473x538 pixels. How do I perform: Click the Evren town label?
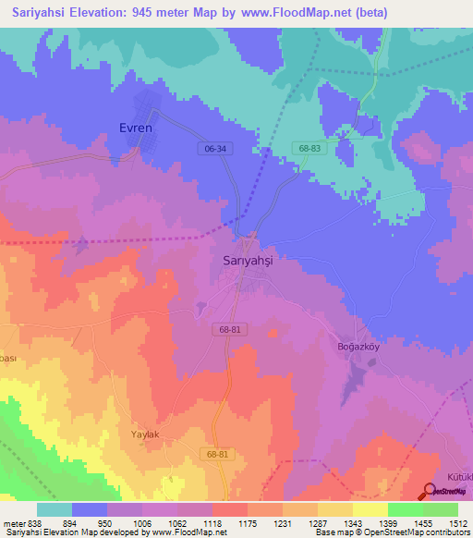[135, 128]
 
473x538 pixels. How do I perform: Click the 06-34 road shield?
[213, 148]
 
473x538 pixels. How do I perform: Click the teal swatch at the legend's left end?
[54, 509]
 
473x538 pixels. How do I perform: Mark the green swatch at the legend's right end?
[440, 509]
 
